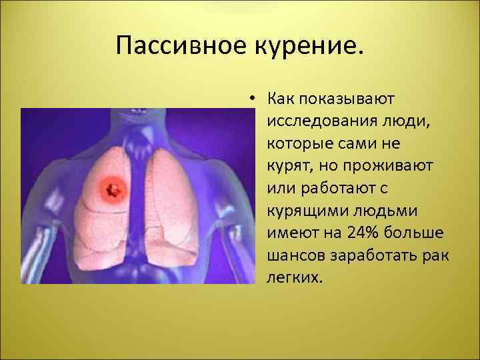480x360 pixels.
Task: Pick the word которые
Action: click(x=300, y=143)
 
